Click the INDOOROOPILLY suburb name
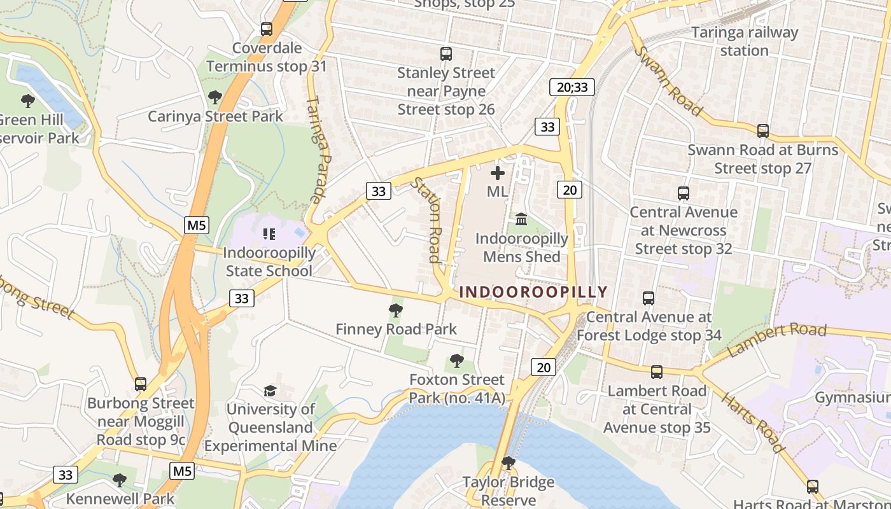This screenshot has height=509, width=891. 533,292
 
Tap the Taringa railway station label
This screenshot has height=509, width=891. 744,41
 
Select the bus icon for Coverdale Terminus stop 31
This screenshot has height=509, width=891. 267,29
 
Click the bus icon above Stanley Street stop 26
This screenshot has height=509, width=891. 446,54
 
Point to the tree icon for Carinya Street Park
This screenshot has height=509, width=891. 215,97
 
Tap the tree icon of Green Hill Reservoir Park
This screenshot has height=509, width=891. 28,101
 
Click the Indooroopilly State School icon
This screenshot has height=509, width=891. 269,234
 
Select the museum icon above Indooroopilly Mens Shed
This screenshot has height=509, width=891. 521,220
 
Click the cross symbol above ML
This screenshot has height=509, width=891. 498,173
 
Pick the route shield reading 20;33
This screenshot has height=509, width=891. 572,87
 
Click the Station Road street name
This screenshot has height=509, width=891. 427,220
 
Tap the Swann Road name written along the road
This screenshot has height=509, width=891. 669,81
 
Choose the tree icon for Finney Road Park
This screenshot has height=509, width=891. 396,310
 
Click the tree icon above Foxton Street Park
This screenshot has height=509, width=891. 456,361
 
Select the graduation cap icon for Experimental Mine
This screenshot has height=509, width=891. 270,390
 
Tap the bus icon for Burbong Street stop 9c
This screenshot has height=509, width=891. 141,384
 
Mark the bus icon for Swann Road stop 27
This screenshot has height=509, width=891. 763,131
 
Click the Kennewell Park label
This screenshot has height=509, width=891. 120,498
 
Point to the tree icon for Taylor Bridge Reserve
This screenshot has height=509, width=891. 508,463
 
